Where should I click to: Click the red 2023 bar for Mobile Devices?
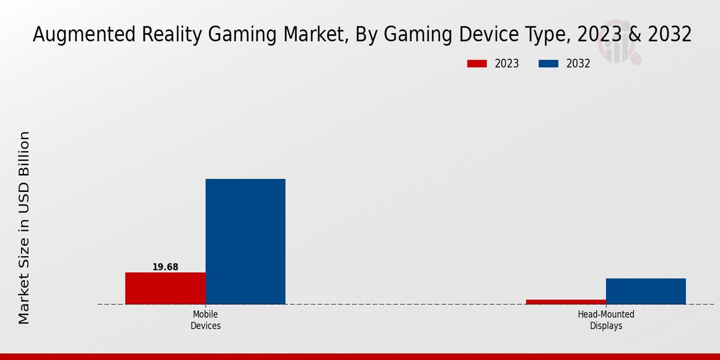165,288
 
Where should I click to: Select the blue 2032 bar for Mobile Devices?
245,241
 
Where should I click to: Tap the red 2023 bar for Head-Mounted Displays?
566,301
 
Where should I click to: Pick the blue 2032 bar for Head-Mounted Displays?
646,291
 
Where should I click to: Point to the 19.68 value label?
165,267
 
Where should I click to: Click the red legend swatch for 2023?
477,64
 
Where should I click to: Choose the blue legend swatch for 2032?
548,64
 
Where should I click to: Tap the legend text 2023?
507,64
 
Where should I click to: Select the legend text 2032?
578,64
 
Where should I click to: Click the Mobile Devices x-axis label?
206,320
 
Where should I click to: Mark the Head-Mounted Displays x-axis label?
606,320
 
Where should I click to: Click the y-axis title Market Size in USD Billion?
24,228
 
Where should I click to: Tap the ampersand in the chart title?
631,35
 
